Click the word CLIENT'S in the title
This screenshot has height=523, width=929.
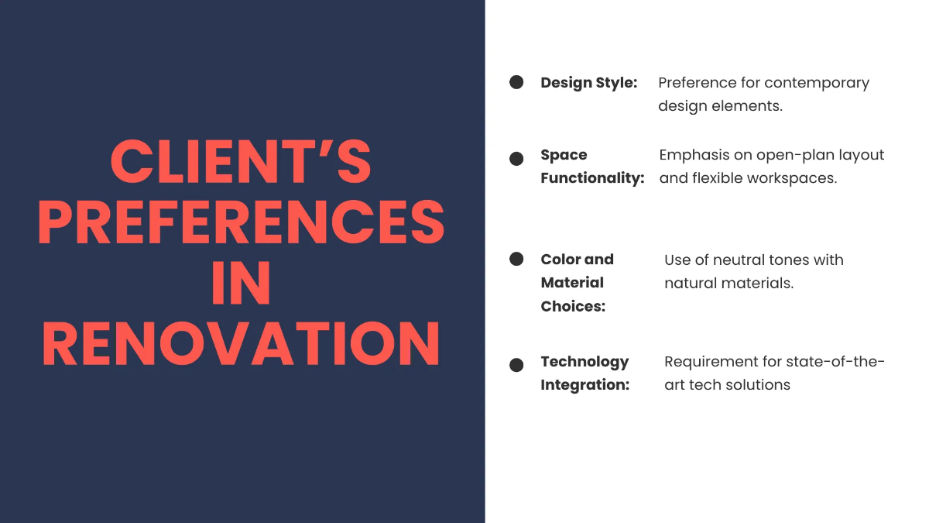point(241,161)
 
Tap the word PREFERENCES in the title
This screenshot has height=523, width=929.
point(241,222)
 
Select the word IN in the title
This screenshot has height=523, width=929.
point(241,283)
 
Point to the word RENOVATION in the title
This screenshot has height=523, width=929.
point(241,343)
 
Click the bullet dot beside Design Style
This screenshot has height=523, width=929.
point(516,82)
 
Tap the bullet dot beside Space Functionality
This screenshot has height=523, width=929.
point(516,159)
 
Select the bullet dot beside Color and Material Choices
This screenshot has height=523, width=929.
point(516,259)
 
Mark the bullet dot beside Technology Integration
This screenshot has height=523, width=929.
point(516,365)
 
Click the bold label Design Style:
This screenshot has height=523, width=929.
point(589,83)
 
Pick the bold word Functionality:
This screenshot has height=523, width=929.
point(593,178)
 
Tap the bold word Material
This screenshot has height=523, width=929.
point(572,283)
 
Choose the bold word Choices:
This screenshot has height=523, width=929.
point(573,306)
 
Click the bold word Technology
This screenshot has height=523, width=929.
point(584,363)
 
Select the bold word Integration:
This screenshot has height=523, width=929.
point(585,385)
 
